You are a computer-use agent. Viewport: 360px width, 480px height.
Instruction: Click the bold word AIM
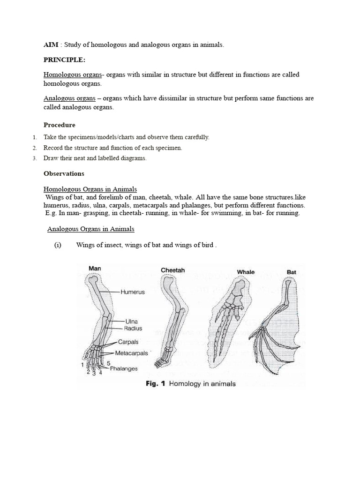coord(51,45)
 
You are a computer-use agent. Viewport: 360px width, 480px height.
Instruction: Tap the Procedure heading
coord(60,125)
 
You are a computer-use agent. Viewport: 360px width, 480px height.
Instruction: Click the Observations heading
coord(64,173)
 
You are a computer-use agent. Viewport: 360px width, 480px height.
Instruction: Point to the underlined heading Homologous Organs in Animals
coord(90,189)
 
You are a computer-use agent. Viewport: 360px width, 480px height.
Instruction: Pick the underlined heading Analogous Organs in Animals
coord(91,229)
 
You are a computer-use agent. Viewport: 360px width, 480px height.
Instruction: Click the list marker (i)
coord(58,245)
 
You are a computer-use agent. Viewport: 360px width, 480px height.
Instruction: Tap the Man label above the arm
coord(95,269)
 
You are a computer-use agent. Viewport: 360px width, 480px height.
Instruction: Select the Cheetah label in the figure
coord(173,270)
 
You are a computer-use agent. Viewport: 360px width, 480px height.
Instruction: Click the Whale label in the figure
coord(246,272)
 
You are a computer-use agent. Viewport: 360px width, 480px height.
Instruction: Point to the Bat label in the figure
coord(291,272)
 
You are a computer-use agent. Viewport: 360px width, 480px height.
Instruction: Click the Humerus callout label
coord(133,292)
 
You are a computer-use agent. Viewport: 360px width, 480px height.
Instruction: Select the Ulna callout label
coord(131,322)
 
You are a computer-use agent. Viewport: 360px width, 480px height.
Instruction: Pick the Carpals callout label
coord(128,342)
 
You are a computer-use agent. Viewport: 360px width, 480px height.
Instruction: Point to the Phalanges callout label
coord(124,368)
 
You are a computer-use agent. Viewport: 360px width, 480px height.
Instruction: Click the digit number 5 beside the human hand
coord(108,363)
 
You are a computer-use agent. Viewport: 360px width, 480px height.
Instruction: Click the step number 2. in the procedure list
coord(35,148)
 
